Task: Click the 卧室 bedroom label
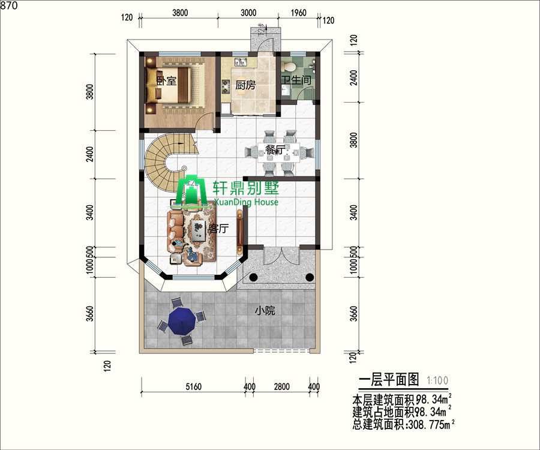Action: [x=166, y=81]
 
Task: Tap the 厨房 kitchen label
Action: [x=245, y=85]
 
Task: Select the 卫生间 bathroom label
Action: [x=296, y=80]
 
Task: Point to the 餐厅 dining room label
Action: [x=275, y=150]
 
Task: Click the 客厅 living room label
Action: [x=218, y=228]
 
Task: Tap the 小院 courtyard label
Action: [x=265, y=311]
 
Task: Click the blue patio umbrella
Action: [x=182, y=321]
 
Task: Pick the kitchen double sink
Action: [x=241, y=62]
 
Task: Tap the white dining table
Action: [x=279, y=152]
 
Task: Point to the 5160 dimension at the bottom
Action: [x=194, y=386]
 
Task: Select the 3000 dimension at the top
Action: [x=248, y=13]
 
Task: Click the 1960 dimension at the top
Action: [x=298, y=13]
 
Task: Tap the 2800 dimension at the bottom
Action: [x=282, y=386]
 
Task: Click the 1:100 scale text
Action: [x=437, y=380]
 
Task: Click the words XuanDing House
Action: [x=246, y=202]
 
